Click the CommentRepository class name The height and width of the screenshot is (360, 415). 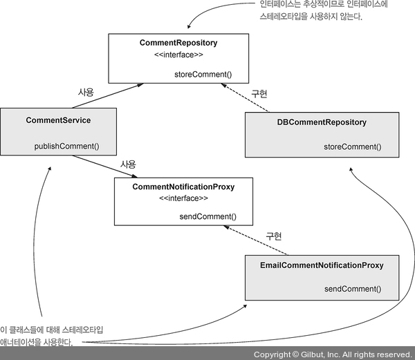click(x=178, y=44)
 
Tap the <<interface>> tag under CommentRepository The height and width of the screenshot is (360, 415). click(x=178, y=55)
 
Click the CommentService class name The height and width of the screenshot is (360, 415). click(x=58, y=120)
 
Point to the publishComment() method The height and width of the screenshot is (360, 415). click(x=67, y=146)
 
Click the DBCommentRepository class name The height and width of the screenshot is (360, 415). click(x=322, y=122)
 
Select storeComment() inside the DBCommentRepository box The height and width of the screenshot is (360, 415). click(x=352, y=146)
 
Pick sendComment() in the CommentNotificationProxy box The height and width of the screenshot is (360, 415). click(x=207, y=216)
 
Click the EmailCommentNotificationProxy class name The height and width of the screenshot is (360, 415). click(x=322, y=265)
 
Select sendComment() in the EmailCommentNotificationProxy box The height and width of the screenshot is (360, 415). click(x=352, y=288)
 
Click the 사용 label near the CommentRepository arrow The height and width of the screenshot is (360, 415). click(x=85, y=91)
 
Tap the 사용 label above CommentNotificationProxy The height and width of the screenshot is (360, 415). click(x=128, y=164)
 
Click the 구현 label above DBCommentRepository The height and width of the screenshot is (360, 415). click(x=259, y=93)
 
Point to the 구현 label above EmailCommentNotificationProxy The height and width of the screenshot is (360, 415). click(x=275, y=238)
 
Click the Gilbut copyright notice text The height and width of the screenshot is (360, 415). click(x=333, y=354)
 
